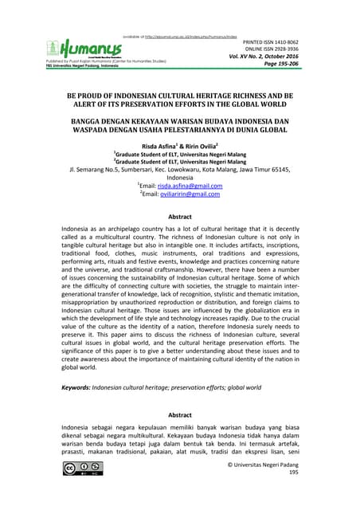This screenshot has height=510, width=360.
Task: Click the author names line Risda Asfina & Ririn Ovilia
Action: (x=180, y=147)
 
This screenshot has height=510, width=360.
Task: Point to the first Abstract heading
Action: (x=180, y=217)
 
